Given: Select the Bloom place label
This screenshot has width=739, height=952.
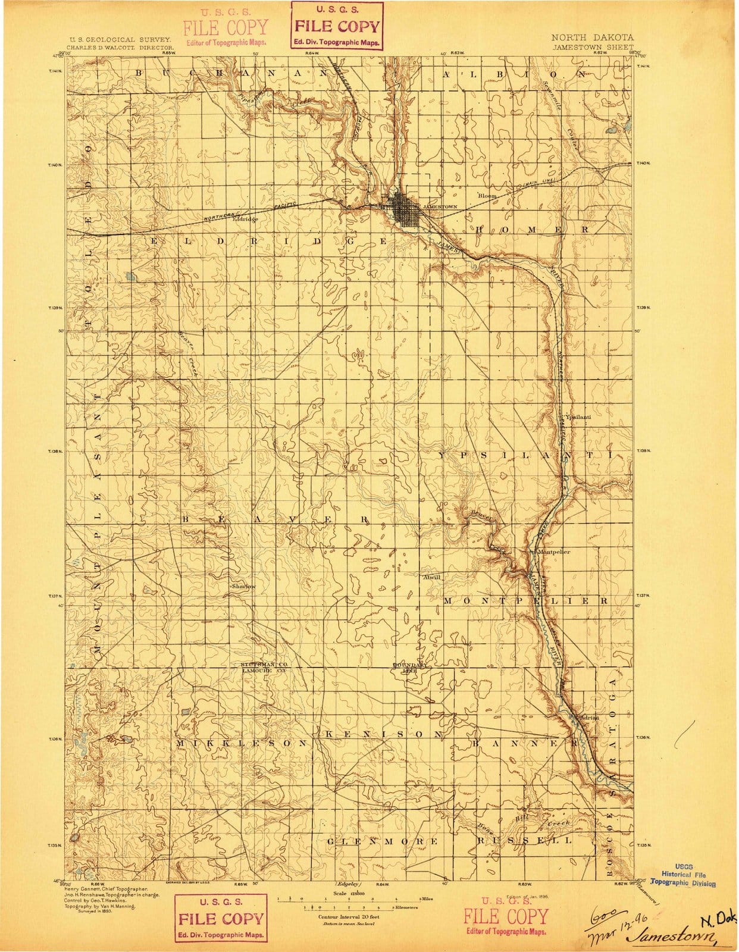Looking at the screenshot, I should (x=487, y=196).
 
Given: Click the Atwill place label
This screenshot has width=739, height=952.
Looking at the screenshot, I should (x=431, y=577).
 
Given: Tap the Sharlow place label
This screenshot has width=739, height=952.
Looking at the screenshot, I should (x=244, y=586).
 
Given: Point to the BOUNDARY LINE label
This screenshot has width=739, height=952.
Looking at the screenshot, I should (x=410, y=667).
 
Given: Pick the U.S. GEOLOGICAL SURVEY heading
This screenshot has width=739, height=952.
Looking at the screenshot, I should (x=121, y=38).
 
